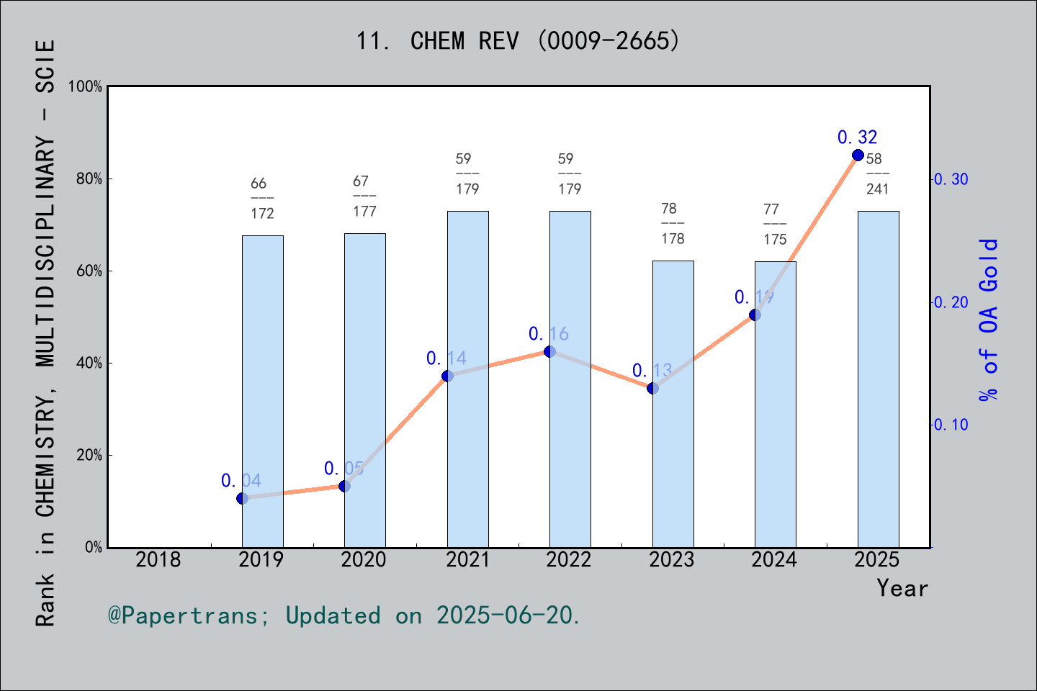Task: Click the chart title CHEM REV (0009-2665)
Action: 518,41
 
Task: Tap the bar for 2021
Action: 467,379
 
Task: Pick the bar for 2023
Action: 673,403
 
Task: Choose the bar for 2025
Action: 878,379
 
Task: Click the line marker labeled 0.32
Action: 858,155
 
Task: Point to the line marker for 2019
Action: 242,498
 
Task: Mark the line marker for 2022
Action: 549,351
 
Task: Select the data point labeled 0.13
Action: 652,388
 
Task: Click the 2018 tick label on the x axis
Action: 158,559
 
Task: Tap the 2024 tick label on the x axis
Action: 774,559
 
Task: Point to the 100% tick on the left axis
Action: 85,86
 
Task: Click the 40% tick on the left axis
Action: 89,363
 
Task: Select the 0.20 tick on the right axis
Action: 951,302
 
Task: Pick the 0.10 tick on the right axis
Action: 951,425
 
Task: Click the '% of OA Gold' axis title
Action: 989,320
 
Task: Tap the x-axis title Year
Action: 902,588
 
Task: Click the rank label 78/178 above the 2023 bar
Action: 673,223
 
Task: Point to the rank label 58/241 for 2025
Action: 877,173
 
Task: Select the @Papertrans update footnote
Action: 344,615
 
